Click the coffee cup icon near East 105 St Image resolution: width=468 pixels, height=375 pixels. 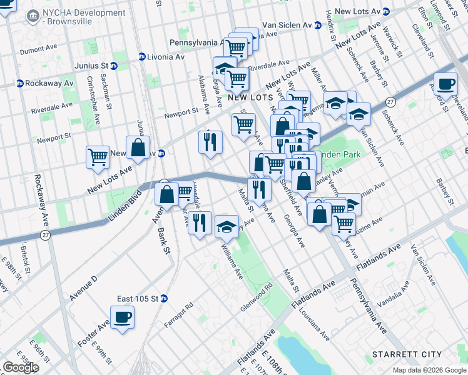coord(123,317)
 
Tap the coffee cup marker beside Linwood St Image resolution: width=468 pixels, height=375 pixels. coord(445,84)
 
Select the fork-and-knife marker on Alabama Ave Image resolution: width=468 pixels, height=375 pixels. coord(211,142)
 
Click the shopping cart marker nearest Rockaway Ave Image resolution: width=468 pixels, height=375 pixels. coord(98,157)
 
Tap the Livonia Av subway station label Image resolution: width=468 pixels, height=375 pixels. coord(161,56)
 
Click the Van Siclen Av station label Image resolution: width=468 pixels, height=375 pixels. coord(291,25)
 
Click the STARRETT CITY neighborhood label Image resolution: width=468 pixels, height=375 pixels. coord(407,354)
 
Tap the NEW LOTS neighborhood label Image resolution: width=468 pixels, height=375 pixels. coord(250,98)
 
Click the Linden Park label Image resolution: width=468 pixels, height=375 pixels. coord(335,154)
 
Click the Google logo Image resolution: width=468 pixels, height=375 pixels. coord(21,367)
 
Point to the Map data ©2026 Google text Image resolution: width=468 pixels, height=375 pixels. coord(429,370)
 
